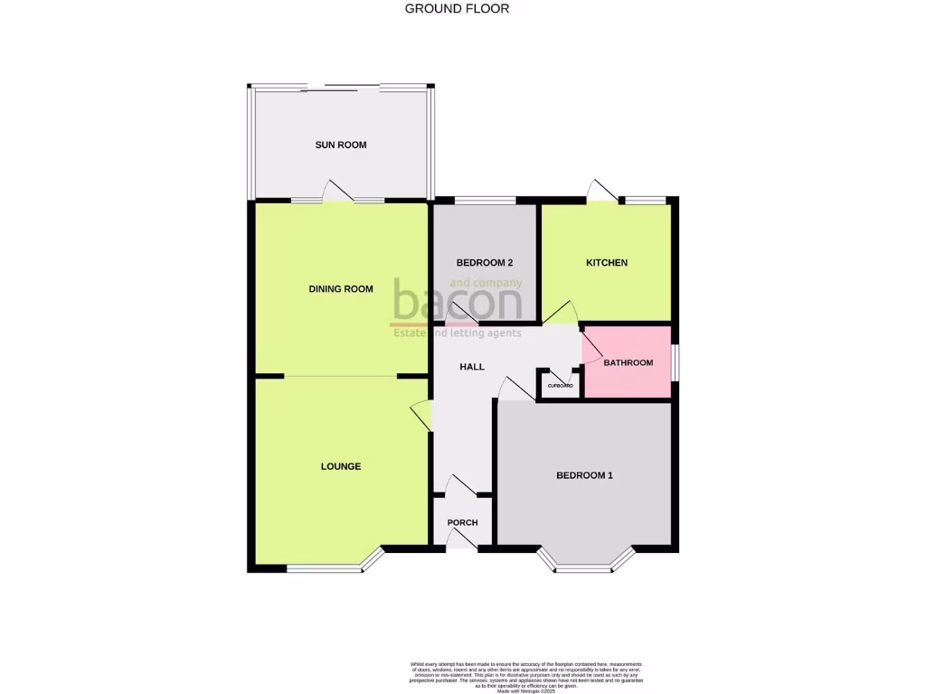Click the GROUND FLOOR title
[457, 9]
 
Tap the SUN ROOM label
[341, 145]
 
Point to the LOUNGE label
[341, 466]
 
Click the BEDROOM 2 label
[485, 263]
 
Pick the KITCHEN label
[607, 263]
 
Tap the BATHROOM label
[628, 363]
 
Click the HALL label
[472, 367]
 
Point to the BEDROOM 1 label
[584, 475]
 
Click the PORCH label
[463, 522]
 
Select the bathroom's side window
[675, 361]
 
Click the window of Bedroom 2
[485, 200]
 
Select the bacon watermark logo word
[457, 304]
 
